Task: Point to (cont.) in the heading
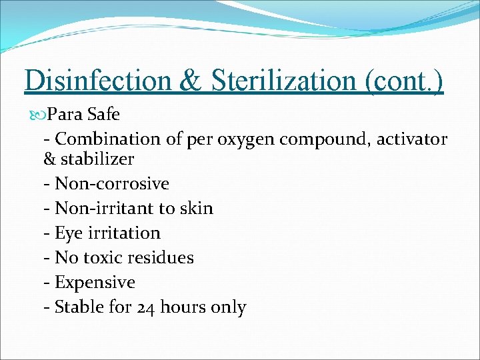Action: point(404,81)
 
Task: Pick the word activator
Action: point(412,139)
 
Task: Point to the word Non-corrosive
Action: point(112,183)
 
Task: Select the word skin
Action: point(197,208)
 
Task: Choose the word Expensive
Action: point(95,283)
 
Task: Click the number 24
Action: point(146,307)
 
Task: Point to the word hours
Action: point(182,307)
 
